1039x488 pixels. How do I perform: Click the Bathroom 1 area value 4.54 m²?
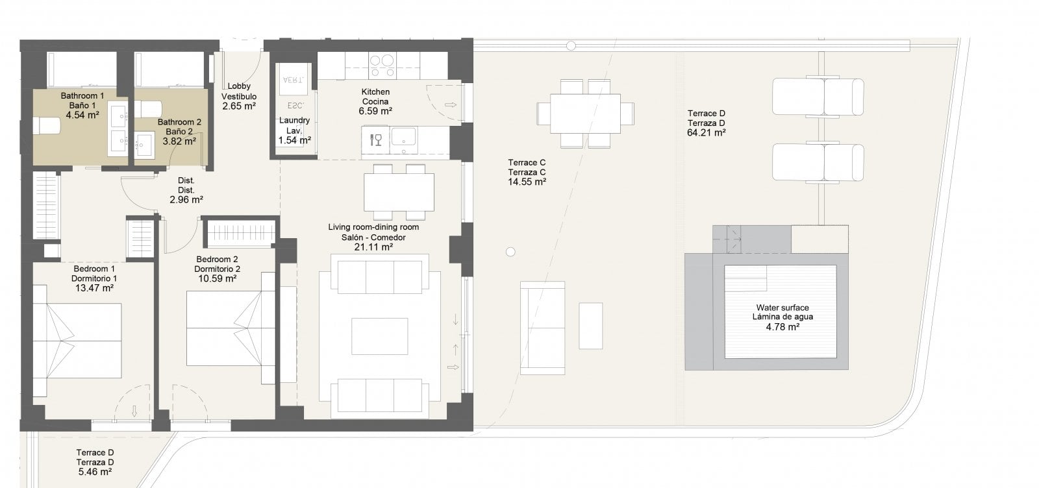82,115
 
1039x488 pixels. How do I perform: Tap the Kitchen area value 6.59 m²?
375,111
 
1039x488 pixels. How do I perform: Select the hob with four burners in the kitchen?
382,65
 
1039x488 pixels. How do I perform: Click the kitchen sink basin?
403,137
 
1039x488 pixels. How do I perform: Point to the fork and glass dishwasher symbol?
376,140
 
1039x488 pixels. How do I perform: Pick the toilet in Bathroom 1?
46,126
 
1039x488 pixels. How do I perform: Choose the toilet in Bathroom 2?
148,110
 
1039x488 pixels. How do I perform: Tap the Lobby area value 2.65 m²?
239,106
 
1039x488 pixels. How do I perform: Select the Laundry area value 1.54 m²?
295,140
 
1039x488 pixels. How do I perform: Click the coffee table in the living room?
379,336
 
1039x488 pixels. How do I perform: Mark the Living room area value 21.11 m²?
373,247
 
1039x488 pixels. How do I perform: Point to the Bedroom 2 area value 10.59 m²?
217,279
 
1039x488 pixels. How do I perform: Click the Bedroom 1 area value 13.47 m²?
94,288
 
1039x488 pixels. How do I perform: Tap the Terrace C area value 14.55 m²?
527,182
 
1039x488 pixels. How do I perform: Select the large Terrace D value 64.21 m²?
707,133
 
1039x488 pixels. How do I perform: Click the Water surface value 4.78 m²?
782,327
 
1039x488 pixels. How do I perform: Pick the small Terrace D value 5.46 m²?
95,472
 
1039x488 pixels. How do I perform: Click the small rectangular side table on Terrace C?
590,326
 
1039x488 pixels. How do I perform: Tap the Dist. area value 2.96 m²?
186,201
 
